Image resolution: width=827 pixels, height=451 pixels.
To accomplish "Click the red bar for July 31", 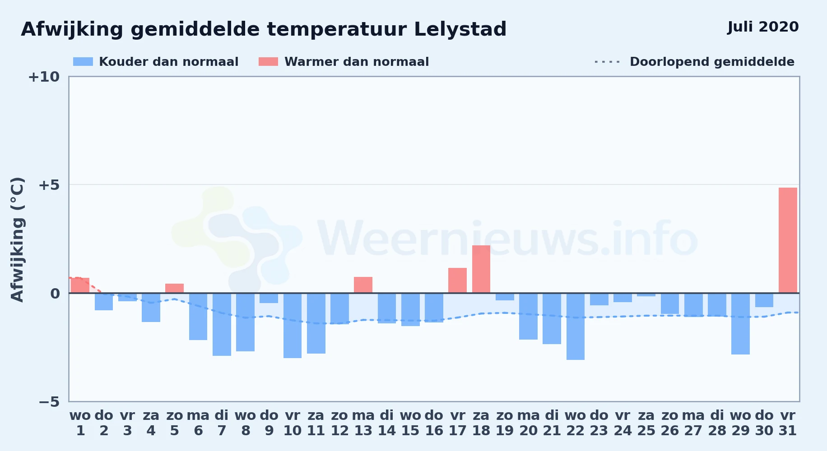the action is pos(788,240).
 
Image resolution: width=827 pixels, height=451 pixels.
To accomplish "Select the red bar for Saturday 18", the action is pos(481,269).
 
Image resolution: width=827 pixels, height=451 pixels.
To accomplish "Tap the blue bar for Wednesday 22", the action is pos(576,327).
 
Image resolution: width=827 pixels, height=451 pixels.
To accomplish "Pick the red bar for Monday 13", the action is pos(363,285).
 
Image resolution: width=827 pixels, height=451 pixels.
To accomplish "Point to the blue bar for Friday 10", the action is pos(293,326).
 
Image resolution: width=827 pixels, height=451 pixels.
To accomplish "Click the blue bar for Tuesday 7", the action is pos(222,324).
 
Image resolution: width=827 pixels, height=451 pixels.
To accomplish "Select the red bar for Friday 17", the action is pos(457,281).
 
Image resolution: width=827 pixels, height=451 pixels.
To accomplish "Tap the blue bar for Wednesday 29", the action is pos(740,324).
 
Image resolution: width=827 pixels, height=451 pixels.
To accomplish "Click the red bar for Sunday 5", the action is pos(175,288).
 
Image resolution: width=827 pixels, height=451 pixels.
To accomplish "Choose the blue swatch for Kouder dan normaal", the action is pos(83,62).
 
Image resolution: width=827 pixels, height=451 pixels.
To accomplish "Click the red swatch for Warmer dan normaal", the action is pos(269,62).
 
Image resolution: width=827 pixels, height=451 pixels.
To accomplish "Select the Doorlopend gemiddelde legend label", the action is pos(712,62).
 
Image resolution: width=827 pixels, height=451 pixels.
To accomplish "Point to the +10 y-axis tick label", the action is pos(44,77).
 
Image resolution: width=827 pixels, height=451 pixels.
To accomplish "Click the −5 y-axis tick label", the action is pos(49,402).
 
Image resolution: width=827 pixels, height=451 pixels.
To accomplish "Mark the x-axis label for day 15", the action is pos(410,423).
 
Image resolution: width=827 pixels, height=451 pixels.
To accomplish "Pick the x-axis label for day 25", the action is pos(646,423).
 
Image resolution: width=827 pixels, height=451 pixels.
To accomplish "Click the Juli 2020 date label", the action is pos(763,27).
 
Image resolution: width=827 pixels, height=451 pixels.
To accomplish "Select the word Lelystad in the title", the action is pos(460,29).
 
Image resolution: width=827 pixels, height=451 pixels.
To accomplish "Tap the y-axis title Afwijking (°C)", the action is pos(17,239).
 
